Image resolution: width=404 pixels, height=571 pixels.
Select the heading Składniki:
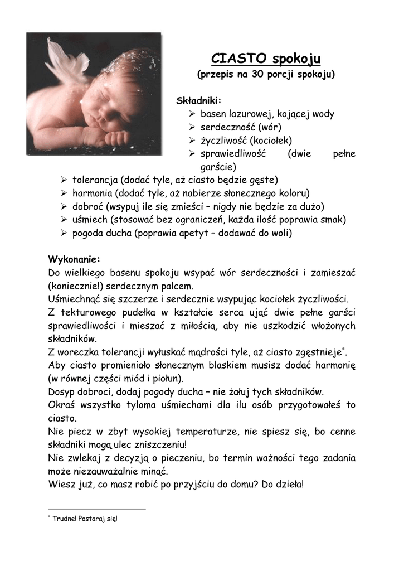coord(199,101)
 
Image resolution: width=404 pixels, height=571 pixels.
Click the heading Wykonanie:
coord(74,260)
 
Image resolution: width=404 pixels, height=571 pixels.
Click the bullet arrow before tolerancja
coord(64,180)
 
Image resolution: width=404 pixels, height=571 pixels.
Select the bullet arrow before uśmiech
coord(64,219)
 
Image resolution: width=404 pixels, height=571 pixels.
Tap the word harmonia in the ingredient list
coord(93,193)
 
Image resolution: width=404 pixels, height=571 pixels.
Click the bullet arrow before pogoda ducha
coord(64,233)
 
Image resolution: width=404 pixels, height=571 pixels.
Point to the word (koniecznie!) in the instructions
coord(75,286)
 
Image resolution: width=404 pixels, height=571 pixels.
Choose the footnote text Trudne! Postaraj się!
coord(85,519)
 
